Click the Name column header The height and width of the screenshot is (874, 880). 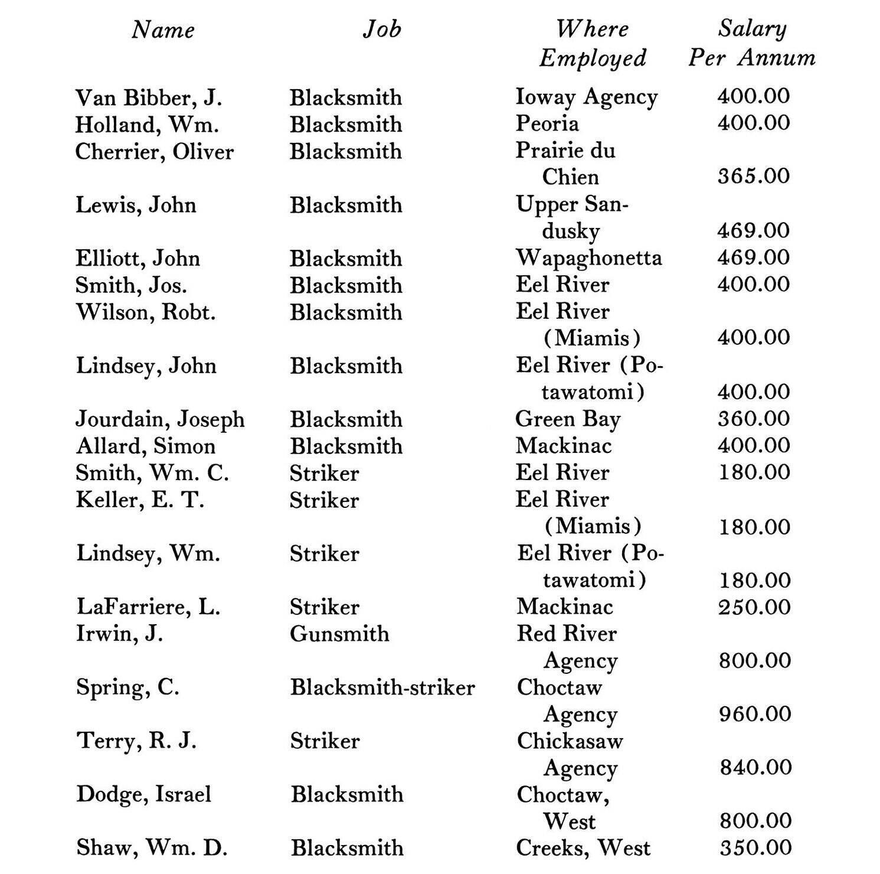coord(163,30)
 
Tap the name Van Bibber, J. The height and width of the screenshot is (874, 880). coord(149,97)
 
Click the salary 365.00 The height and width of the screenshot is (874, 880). coord(754,176)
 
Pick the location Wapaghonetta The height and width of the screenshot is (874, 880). coord(588,257)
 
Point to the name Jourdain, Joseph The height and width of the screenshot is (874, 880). coord(160,419)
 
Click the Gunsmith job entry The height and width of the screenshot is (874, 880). coord(339,634)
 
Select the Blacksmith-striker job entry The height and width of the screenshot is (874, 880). coord(382,687)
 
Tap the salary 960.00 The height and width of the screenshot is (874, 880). coord(755,714)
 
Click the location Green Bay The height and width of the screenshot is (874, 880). coord(568,419)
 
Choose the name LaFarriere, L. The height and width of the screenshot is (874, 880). coord(148,607)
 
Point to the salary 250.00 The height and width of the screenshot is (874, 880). coord(754,607)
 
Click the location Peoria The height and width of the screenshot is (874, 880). coord(547,123)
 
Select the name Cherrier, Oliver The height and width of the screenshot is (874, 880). coord(155,152)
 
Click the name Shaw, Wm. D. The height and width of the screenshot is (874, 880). coord(152,847)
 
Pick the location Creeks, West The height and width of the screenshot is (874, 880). coord(583,847)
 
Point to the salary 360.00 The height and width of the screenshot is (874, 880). coord(754,419)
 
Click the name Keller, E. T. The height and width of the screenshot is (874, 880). coord(140,500)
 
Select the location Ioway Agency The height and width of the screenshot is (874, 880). coord(586,97)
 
